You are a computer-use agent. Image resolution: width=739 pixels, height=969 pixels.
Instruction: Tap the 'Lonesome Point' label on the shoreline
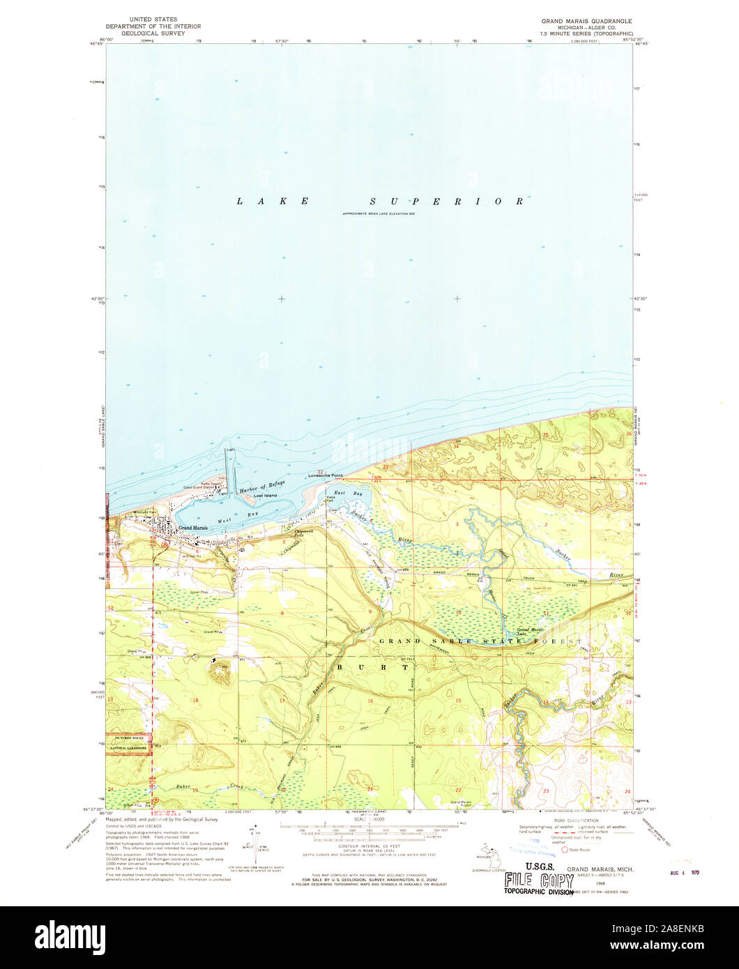point(327,475)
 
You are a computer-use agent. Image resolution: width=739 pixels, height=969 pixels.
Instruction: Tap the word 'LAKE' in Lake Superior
point(273,201)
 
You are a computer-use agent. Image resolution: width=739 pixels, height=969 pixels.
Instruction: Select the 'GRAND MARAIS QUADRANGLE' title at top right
point(586,21)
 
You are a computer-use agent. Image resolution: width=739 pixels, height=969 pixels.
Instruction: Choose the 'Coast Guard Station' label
point(199,488)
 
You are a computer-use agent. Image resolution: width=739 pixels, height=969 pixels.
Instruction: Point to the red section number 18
point(196,700)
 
